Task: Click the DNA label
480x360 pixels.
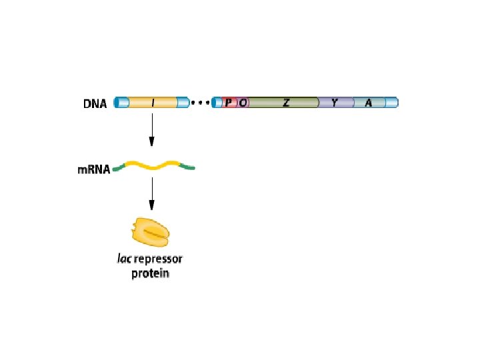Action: [x=95, y=103]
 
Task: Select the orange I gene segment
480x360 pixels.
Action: [x=153, y=103]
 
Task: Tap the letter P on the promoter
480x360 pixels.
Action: [x=229, y=103]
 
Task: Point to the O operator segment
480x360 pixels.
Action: [x=243, y=103]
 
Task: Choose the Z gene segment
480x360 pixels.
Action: [x=285, y=103]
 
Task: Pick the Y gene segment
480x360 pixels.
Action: [x=334, y=103]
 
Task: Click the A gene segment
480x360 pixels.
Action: [x=368, y=103]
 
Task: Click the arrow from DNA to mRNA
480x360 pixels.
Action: [x=152, y=129]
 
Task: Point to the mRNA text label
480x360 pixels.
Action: [x=93, y=170]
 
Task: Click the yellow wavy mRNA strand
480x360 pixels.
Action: [x=153, y=166]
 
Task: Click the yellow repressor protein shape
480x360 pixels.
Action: [x=151, y=232]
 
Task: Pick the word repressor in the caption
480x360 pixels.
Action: [x=159, y=259]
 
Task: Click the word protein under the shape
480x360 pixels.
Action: [x=150, y=273]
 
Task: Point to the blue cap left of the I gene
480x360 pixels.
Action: [x=121, y=103]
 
